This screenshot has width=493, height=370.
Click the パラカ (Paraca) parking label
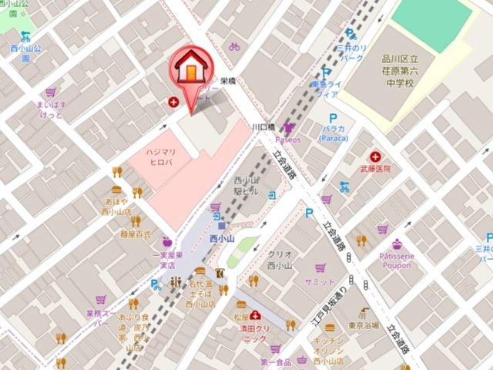tap(334, 131)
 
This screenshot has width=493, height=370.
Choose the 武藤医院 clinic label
tap(375, 169)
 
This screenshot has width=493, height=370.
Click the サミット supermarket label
tap(320, 282)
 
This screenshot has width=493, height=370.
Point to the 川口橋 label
tap(263, 127)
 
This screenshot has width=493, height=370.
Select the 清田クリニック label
tap(251, 332)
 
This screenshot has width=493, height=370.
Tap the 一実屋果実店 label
tap(166, 260)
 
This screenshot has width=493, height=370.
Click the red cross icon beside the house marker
tap(174, 102)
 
